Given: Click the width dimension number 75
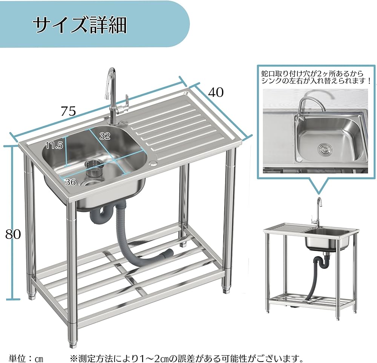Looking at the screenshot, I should click(x=69, y=111).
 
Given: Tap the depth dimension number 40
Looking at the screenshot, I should click(x=216, y=92).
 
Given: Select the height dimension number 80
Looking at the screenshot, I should click(x=13, y=234).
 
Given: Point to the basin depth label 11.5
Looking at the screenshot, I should click(x=54, y=146).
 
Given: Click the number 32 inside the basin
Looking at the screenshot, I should click(x=105, y=136).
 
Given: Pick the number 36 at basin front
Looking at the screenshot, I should click(x=70, y=182).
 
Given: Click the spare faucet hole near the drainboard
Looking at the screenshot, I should click(x=154, y=163).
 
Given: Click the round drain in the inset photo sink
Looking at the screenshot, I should click(x=323, y=149).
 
